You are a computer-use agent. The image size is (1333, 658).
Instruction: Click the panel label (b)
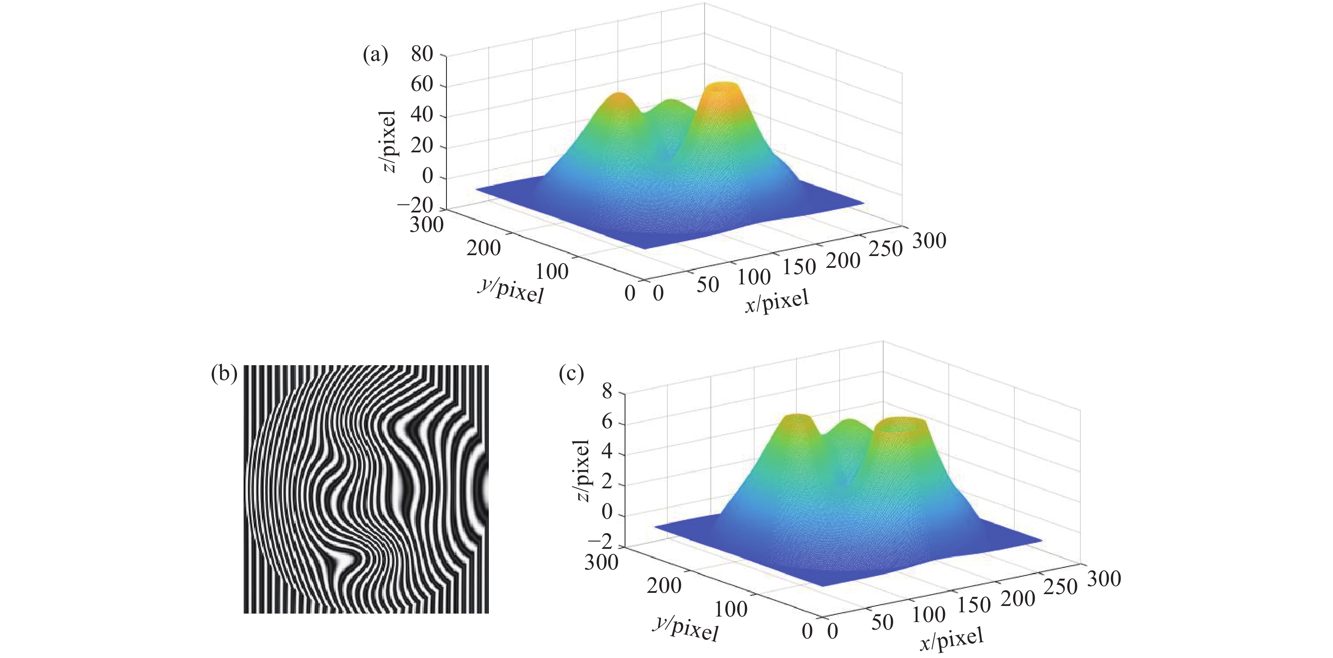click(x=224, y=374)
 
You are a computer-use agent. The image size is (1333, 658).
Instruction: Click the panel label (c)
click(x=571, y=374)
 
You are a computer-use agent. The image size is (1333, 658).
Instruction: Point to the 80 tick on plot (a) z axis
click(x=422, y=54)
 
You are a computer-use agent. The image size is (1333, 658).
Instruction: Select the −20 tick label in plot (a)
click(x=415, y=205)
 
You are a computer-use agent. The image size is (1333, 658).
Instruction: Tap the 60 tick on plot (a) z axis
click(x=422, y=84)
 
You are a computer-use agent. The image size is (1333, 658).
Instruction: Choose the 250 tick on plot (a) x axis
click(x=885, y=249)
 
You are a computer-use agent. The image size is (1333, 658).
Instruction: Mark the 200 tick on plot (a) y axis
click(x=483, y=248)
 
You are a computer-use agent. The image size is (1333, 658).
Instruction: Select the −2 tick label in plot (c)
click(x=599, y=542)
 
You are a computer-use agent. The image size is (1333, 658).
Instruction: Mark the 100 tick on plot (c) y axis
click(x=731, y=609)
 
